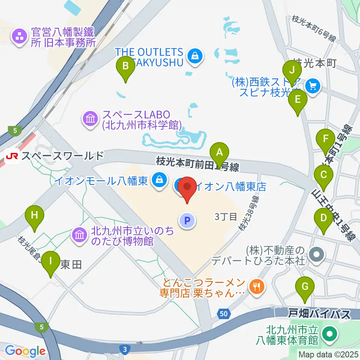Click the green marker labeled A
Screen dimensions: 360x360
pyautogui.click(x=220, y=153)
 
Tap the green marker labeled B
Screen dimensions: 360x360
pyautogui.click(x=126, y=67)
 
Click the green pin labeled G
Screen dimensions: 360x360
pyautogui.click(x=305, y=288)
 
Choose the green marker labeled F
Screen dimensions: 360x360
pyautogui.click(x=325, y=140)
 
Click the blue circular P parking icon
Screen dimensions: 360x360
pyautogui.click(x=187, y=220)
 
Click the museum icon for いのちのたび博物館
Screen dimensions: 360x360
pyautogui.click(x=79, y=235)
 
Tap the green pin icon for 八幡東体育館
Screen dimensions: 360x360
pyautogui.click(x=330, y=333)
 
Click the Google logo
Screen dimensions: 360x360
pyautogui.click(x=25, y=351)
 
